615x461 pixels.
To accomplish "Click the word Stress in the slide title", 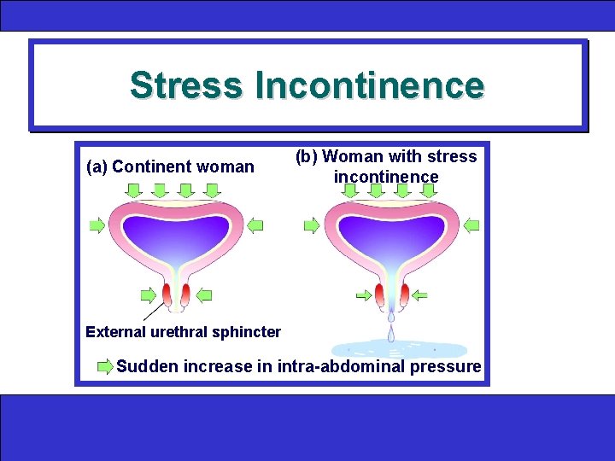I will (186, 85).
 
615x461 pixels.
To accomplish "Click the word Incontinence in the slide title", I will (369, 85).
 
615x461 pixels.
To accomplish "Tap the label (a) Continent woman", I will (171, 166).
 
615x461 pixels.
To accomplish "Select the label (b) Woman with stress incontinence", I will (386, 166).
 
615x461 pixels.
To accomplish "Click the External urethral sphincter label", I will (184, 331).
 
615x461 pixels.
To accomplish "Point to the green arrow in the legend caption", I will (105, 367).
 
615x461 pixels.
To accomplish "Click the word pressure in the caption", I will (446, 367).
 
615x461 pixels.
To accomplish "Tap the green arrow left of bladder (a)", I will (97, 225).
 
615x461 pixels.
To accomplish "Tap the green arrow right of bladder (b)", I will (471, 225).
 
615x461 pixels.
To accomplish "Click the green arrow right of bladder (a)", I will (255, 225).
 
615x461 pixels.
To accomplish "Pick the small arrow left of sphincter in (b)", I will (364, 295).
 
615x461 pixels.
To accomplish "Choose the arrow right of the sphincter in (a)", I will (203, 295).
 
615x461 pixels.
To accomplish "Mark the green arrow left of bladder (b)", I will (312, 225).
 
